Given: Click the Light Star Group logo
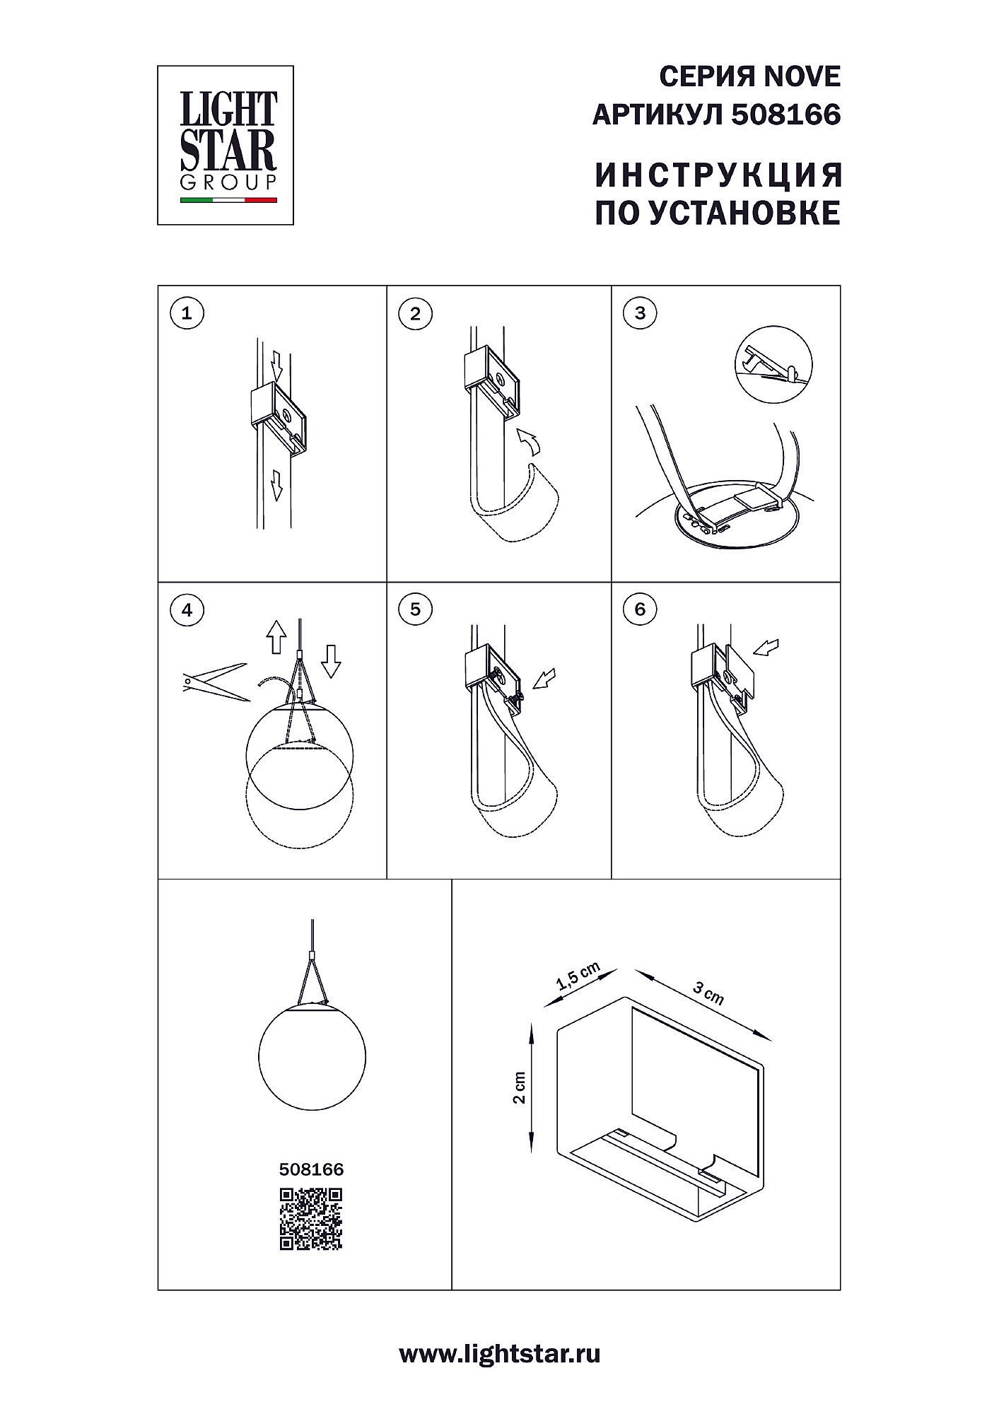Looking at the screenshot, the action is (x=225, y=145).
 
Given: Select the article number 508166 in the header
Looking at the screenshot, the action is (x=786, y=115).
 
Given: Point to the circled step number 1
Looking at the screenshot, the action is (x=187, y=313).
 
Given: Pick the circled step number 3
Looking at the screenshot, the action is (x=641, y=313).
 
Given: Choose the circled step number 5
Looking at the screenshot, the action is (x=415, y=609).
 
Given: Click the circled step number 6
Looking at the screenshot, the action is (x=641, y=609).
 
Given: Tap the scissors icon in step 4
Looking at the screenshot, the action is (x=216, y=682).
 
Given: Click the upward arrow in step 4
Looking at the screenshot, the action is (x=276, y=637).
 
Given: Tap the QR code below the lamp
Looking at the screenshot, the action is (x=311, y=1219).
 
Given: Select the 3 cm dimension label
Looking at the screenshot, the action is (x=708, y=993).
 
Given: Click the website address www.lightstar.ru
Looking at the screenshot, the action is (x=500, y=1353).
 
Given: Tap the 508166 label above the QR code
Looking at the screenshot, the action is (x=311, y=1170).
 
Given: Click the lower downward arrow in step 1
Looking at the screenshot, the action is (x=277, y=485).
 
